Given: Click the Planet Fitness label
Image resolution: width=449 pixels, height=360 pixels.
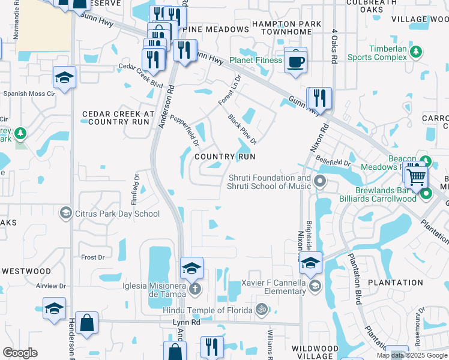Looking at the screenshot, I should tap(256, 60).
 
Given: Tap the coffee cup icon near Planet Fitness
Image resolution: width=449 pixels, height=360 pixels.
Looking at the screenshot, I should tap(295, 61).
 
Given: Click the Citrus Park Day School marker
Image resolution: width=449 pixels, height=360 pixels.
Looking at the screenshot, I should tap(66, 213).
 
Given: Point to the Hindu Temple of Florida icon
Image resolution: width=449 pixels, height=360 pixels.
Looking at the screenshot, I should tap(261, 310).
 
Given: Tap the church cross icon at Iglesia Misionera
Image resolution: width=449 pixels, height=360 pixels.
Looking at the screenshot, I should tap(194, 289).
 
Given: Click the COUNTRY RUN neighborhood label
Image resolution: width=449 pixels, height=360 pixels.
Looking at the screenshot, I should tap(225, 156).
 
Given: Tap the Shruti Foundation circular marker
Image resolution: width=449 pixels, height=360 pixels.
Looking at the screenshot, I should tap(320, 181).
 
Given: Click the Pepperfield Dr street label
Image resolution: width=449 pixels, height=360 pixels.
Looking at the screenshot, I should tap(184, 131).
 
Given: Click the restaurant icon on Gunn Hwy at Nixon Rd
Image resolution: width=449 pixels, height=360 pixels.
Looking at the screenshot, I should tap(319, 98).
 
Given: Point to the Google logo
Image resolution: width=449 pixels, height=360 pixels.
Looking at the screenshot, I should tap(20, 353).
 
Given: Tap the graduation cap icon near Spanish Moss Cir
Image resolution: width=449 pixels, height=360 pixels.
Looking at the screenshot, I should tap(64, 77).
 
